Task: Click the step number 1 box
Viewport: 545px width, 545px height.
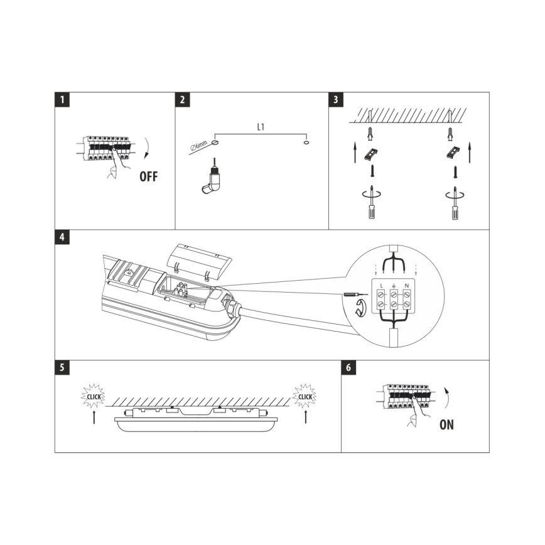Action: point(61,99)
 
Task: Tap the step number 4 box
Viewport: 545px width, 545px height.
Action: point(61,237)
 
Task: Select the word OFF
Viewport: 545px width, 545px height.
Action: point(149,176)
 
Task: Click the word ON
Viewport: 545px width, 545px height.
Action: point(446,424)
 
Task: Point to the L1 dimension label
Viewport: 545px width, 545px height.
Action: point(261,126)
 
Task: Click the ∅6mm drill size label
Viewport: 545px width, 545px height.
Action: point(198,148)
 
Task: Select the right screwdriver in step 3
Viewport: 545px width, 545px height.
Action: point(451,203)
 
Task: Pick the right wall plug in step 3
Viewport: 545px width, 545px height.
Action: point(451,133)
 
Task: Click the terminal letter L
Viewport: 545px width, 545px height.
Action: point(380,286)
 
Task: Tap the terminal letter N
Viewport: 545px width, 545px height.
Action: point(407,286)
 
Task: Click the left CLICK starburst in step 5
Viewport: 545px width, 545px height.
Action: point(94,396)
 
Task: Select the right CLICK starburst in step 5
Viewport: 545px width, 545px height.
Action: point(305,396)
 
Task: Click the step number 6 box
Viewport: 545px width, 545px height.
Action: point(348,367)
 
